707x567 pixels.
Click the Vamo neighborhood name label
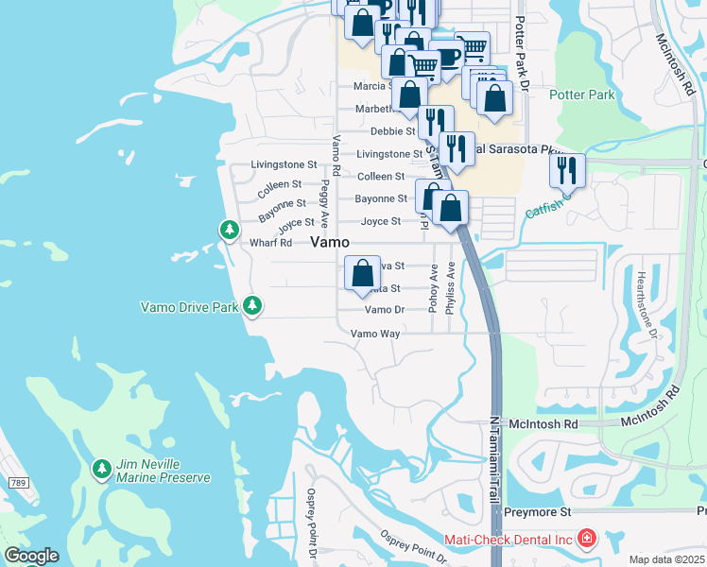(x=336, y=243)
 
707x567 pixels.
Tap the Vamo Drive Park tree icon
(x=251, y=305)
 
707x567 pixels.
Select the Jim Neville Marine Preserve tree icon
(x=101, y=468)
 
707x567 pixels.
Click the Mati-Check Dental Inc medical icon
(x=587, y=539)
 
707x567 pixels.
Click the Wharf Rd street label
(x=270, y=243)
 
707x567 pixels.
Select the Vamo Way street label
(x=375, y=334)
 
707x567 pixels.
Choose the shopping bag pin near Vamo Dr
(x=363, y=274)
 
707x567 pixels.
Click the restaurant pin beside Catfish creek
(x=567, y=170)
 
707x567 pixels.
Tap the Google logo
(x=31, y=556)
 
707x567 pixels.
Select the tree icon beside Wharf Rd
(x=229, y=229)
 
